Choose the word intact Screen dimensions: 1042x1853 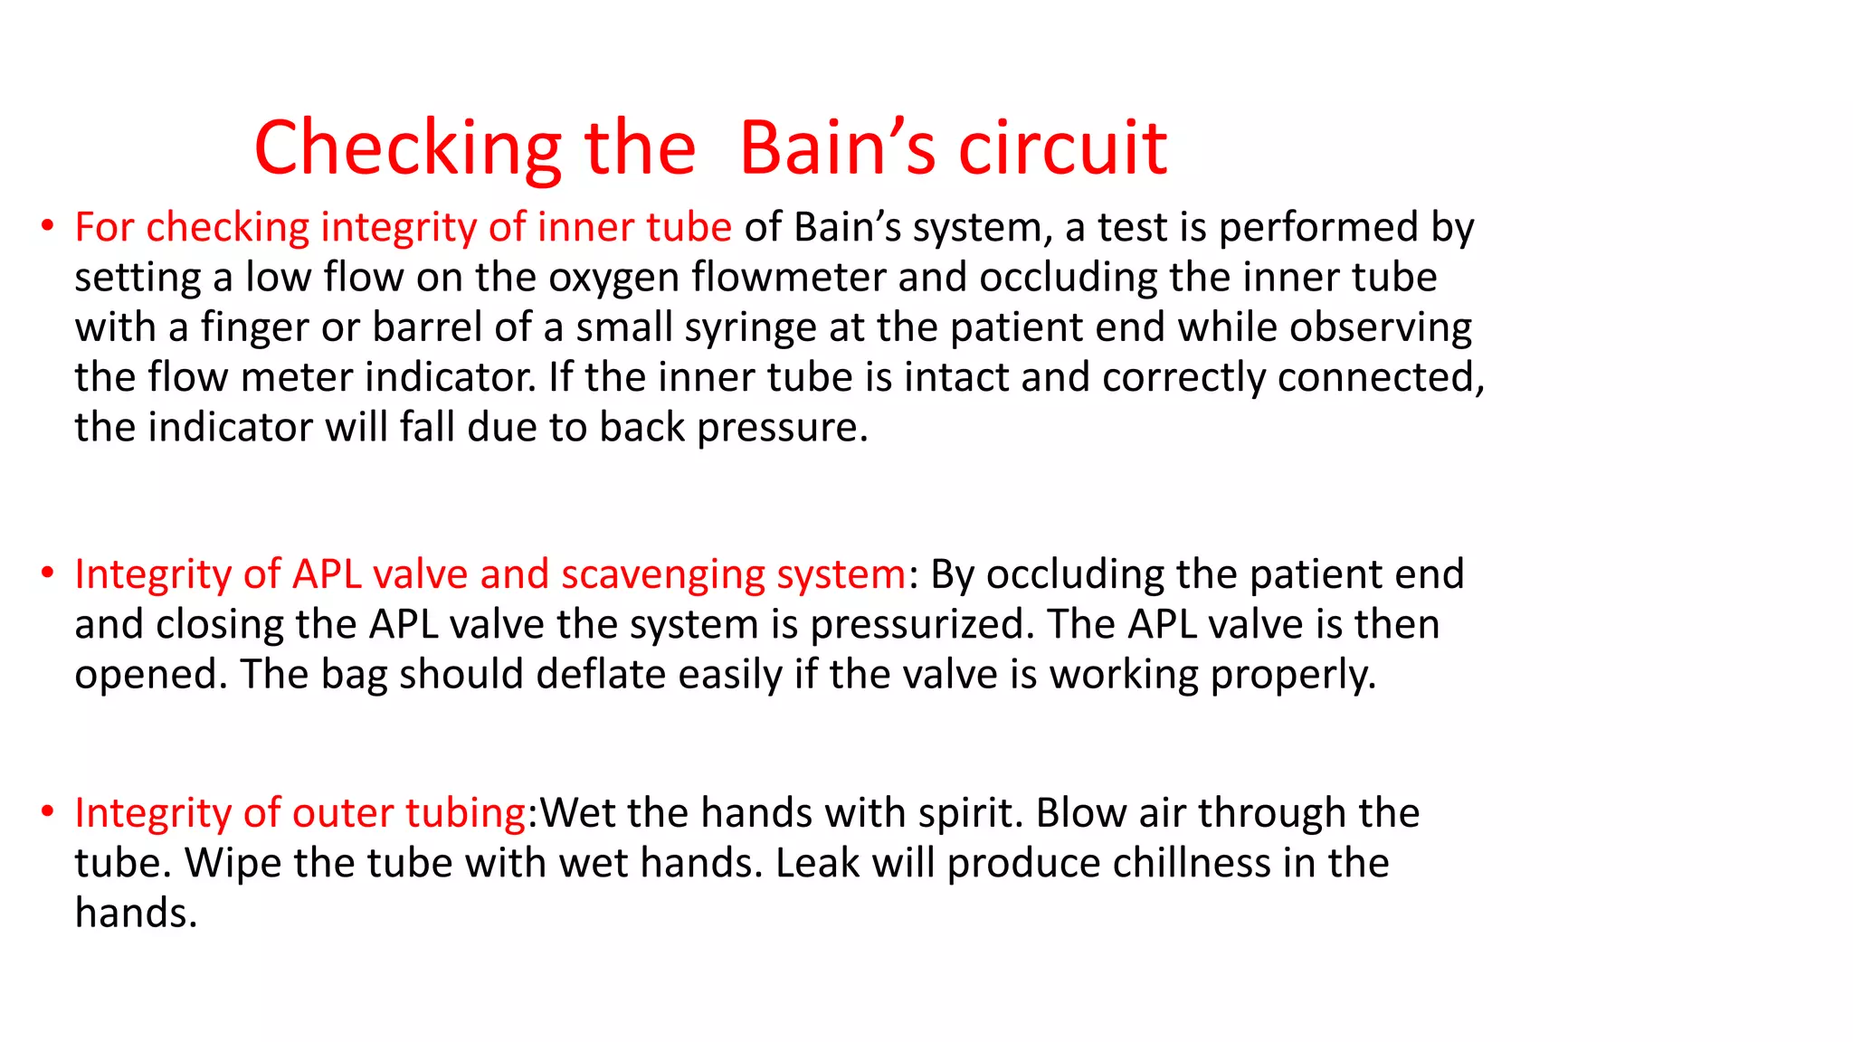coord(957,377)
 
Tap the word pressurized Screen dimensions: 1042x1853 coord(922,625)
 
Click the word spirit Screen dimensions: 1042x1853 coord(971,814)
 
